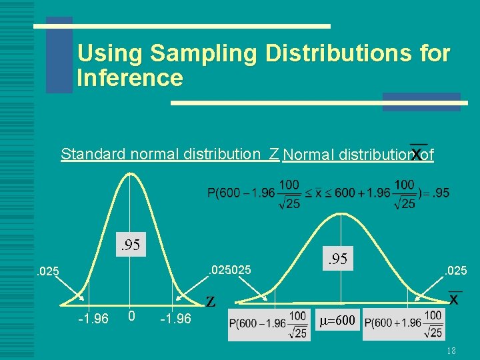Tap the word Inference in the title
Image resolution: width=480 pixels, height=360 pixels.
(x=130, y=78)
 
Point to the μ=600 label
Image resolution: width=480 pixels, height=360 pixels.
(x=337, y=320)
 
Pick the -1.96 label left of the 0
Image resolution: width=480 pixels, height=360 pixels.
(x=93, y=319)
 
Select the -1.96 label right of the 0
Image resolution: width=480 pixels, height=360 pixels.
(x=175, y=319)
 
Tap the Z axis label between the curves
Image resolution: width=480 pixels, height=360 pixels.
(x=211, y=302)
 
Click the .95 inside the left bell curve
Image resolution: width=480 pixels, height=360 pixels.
(x=130, y=245)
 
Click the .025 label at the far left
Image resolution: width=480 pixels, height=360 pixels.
(x=48, y=271)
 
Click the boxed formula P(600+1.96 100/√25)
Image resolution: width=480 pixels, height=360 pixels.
(x=404, y=323)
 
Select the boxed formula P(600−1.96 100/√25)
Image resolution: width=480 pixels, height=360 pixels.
(x=268, y=324)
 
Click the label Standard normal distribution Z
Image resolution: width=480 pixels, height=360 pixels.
(x=169, y=155)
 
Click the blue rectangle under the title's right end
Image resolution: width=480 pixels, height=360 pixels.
(x=421, y=101)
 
